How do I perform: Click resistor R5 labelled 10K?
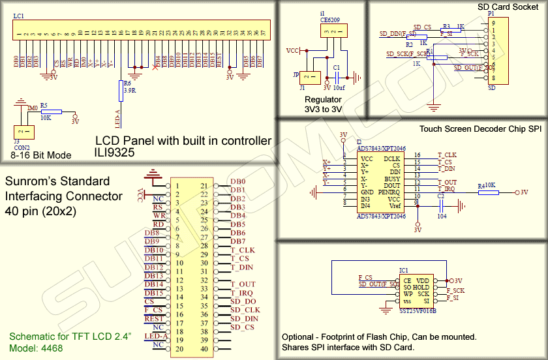pyautogui.click(x=52, y=112)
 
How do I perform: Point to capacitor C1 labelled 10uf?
pyautogui.click(x=337, y=77)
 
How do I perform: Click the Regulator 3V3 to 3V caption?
pyautogui.click(x=324, y=104)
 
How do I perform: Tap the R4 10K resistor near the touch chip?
pyautogui.click(x=488, y=192)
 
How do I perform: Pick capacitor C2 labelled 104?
pyautogui.click(x=442, y=206)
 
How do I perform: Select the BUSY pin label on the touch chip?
pyautogui.click(x=392, y=178)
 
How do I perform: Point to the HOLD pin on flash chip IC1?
pyautogui.click(x=421, y=288)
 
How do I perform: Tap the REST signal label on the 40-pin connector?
pyautogui.click(x=154, y=319)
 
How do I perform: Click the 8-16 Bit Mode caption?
pyautogui.click(x=40, y=155)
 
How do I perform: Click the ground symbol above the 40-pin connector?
pyautogui.click(x=153, y=174)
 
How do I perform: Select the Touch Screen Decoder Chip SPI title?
pyautogui.click(x=480, y=130)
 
